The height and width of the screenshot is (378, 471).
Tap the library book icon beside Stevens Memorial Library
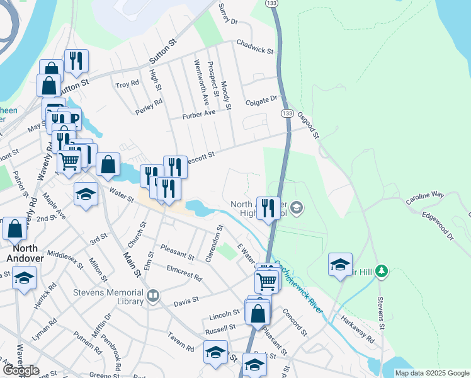pyautogui.click(x=152, y=295)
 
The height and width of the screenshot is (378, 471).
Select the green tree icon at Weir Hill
pyautogui.click(x=380, y=272)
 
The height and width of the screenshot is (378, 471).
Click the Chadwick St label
pyautogui.click(x=255, y=46)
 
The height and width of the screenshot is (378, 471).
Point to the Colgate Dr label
pyautogui.click(x=262, y=99)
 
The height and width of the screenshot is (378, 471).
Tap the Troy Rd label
pyautogui.click(x=127, y=84)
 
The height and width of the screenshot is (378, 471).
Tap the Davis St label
pyautogui.click(x=186, y=300)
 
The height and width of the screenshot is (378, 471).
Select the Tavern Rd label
pyautogui.click(x=181, y=344)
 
